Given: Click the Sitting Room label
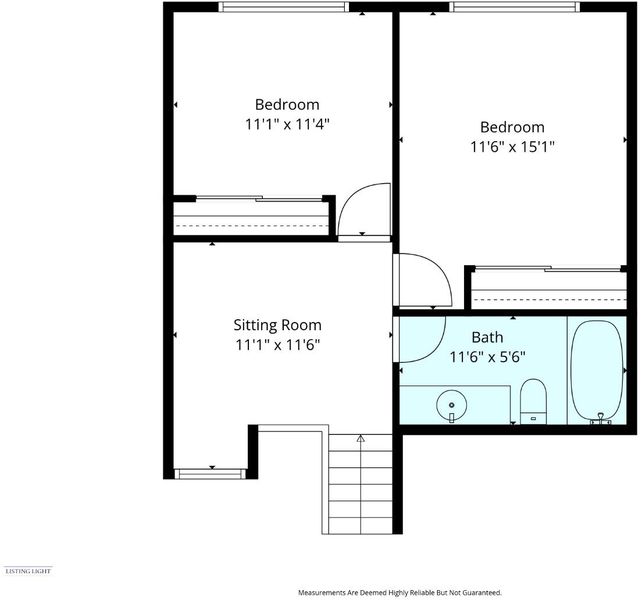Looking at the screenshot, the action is click(277, 325).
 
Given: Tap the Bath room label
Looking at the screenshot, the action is click(487, 337).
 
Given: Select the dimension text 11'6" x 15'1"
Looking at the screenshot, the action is click(512, 147).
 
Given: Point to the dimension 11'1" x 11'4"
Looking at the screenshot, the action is click(287, 124).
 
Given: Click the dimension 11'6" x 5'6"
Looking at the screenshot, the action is click(487, 357).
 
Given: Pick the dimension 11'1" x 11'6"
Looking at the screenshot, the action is click(277, 345).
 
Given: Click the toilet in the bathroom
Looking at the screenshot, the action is click(533, 401).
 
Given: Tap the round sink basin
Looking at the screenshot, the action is click(451, 405).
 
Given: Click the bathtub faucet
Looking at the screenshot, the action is click(600, 419).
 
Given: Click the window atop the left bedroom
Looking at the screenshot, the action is click(284, 7).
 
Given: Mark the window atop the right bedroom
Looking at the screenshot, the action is click(515, 7).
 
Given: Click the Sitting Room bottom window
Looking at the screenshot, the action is click(210, 474).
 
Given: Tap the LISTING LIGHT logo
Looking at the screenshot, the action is click(28, 571).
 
